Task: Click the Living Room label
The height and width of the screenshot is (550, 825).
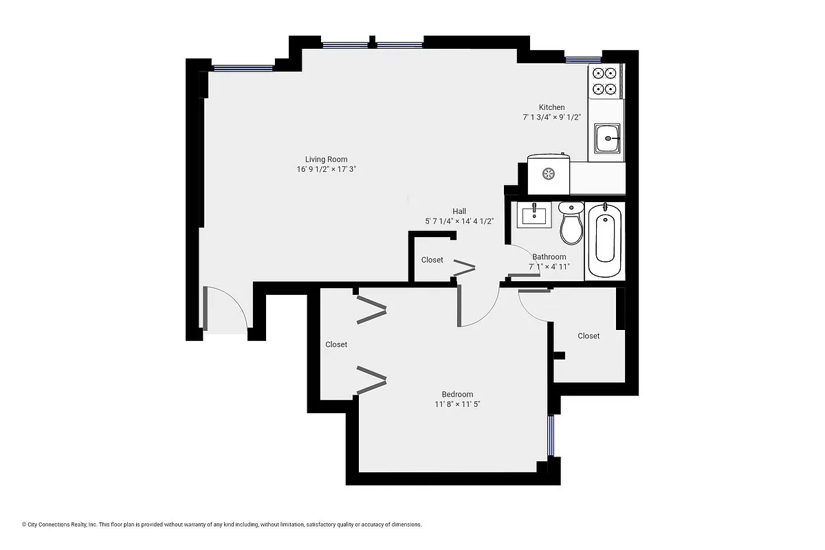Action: [x=327, y=159]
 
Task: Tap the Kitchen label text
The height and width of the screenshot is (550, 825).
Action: [x=551, y=107]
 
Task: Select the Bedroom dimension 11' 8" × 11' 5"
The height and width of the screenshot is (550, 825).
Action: [x=456, y=404]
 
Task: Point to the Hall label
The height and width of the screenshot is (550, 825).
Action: [x=459, y=211]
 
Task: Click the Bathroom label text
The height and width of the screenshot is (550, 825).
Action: [x=549, y=256]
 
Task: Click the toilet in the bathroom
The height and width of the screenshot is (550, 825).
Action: [x=571, y=224]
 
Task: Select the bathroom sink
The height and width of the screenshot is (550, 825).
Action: [x=534, y=215]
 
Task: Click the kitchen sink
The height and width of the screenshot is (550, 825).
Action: [x=608, y=139]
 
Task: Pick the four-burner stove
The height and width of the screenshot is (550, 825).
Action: [x=604, y=80]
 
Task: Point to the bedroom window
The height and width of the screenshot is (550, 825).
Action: [x=551, y=435]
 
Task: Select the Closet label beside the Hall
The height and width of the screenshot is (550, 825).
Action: [x=432, y=260]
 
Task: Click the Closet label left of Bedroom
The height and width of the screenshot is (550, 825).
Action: [x=336, y=344]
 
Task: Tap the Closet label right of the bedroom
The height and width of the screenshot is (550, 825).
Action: [x=588, y=335]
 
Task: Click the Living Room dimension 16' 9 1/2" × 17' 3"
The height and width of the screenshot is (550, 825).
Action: [x=327, y=169]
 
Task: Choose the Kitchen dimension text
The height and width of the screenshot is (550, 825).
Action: [x=551, y=117]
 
